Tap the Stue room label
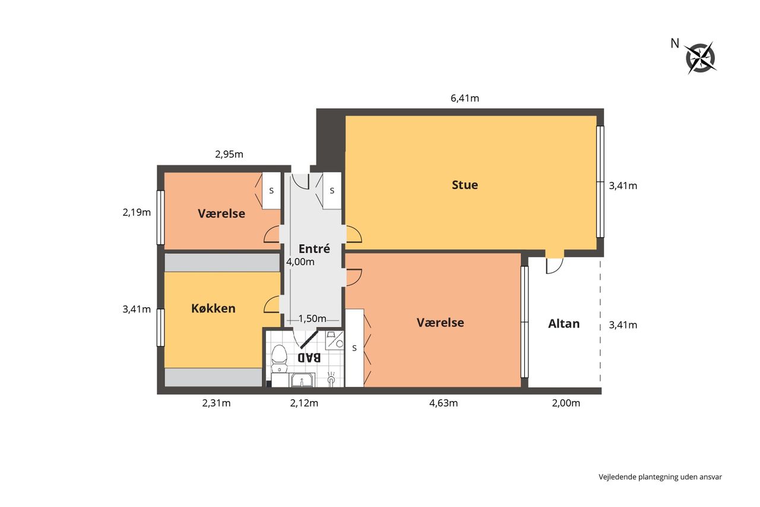[465, 185]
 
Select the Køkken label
[213, 308]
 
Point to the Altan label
[564, 323]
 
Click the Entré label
[314, 248]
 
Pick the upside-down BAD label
[309, 357]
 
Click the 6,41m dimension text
[465, 98]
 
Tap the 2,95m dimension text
[229, 155]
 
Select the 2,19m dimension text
[137, 213]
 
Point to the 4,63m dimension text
[444, 403]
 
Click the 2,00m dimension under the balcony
[566, 403]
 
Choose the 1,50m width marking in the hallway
[312, 319]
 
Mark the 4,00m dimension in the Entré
[300, 262]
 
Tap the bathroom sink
[302, 380]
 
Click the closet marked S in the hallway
[332, 191]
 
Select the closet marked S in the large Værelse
[354, 348]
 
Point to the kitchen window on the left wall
[160, 327]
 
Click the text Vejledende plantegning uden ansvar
[660, 477]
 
